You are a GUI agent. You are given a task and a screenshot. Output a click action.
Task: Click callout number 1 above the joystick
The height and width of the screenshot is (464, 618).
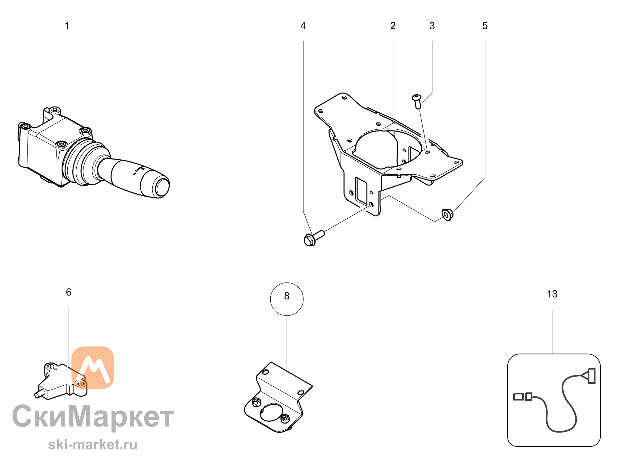[67, 26]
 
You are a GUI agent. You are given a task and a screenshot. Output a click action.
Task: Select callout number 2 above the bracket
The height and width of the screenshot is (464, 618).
[393, 26]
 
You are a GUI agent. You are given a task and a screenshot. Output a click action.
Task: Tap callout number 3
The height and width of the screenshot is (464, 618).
[432, 26]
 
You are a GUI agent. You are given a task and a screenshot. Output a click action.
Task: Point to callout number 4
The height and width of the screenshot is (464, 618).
[303, 26]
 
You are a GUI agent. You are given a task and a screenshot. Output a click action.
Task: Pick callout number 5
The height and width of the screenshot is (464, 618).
[485, 26]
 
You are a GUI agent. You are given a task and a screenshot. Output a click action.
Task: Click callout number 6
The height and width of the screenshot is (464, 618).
[69, 292]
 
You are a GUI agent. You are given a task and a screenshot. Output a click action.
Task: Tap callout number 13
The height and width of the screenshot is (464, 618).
[552, 294]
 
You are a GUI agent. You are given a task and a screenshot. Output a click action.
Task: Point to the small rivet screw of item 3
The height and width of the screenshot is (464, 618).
[417, 102]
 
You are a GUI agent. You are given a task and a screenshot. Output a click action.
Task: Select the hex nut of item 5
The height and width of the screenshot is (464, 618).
[447, 215]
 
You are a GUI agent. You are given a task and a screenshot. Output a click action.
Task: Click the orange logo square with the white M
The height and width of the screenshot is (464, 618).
[93, 367]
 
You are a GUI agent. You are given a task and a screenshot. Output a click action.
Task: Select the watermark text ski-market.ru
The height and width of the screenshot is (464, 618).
[93, 445]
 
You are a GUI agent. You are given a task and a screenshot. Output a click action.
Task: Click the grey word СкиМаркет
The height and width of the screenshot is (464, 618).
[93, 416]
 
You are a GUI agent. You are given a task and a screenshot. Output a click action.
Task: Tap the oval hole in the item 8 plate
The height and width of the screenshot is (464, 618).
[271, 412]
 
